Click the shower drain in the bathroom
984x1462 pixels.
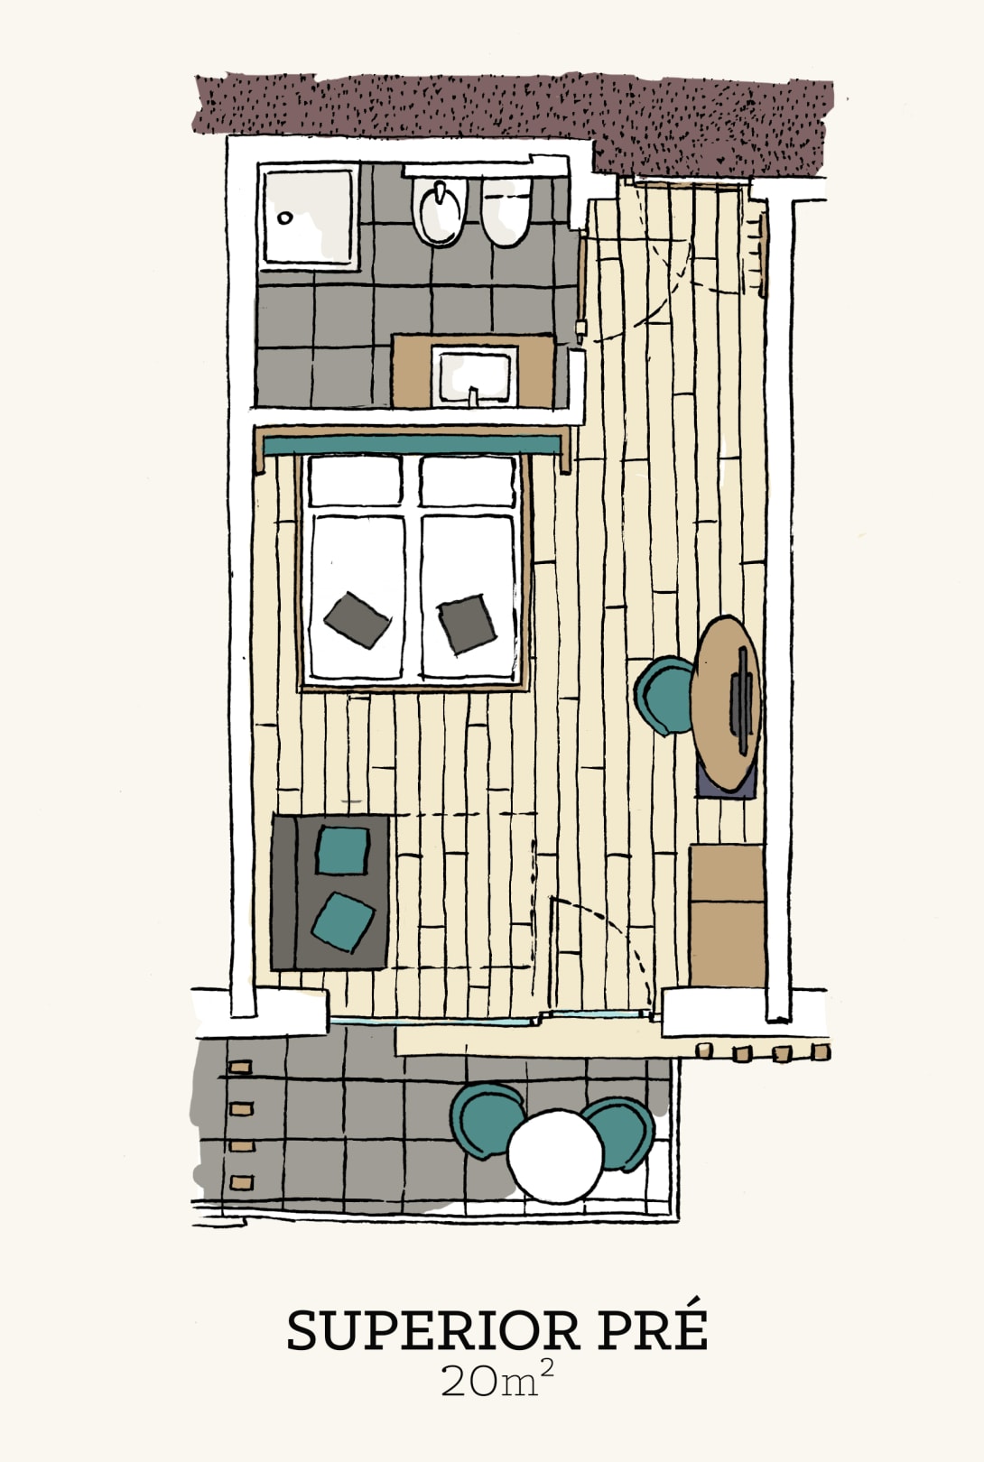tap(284, 218)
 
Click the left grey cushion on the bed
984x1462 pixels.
tap(357, 620)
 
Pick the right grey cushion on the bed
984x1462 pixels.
tap(466, 624)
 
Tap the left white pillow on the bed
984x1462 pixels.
tap(355, 481)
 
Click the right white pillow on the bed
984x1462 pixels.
tap(469, 481)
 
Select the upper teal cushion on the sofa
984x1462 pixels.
tap(343, 851)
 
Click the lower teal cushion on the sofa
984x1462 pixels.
tap(343, 922)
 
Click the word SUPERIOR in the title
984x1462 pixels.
tap(433, 1331)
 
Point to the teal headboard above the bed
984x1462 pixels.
tap(413, 446)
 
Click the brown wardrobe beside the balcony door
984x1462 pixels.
tap(727, 915)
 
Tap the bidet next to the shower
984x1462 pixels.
tap(506, 212)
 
